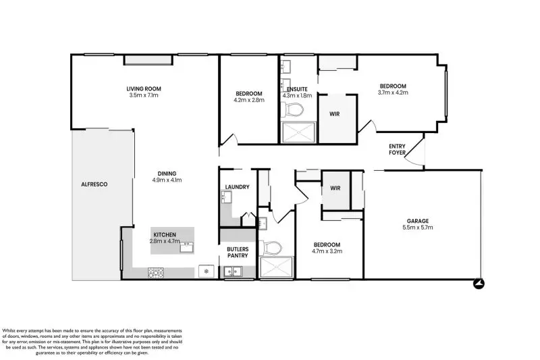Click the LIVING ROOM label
tap(144, 88)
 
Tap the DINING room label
tap(166, 172)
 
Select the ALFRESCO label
tap(94, 184)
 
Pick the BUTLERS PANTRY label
tap(238, 252)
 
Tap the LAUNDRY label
tap(237, 187)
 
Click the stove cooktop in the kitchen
tap(156, 272)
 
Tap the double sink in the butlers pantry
tap(233, 272)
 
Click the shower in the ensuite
tap(298, 132)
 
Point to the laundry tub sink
tap(226, 198)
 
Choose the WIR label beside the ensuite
tap(334, 114)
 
